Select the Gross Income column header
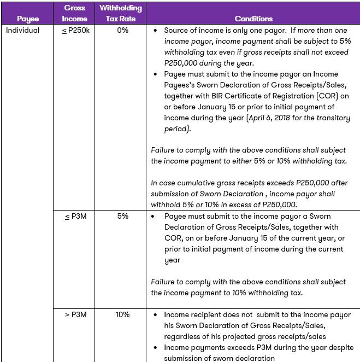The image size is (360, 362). click(74, 13)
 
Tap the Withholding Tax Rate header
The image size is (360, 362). click(121, 13)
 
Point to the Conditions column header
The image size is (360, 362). click(253, 19)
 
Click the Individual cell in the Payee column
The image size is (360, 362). click(22, 31)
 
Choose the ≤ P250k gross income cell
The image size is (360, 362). click(74, 31)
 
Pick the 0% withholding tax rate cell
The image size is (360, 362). click(122, 31)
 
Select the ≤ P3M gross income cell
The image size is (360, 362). click(74, 216)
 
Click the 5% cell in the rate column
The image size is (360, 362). click(122, 216)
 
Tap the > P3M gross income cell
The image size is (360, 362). click(74, 314)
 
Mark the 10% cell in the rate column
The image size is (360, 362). click(122, 314)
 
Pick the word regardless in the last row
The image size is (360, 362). click(184, 336)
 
